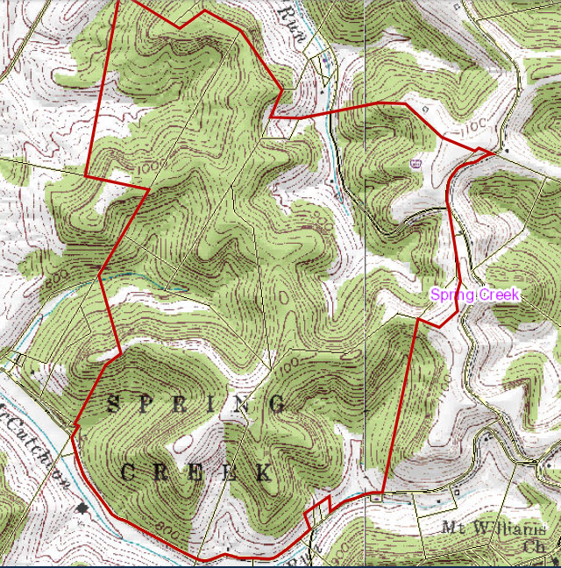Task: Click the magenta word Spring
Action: (x=452, y=295)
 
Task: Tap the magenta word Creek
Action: (x=499, y=295)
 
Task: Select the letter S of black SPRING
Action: (x=112, y=404)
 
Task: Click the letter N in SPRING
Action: (x=243, y=404)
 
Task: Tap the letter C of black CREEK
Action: (x=128, y=473)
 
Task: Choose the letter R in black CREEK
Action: (x=161, y=473)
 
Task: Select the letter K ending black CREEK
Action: (x=261, y=473)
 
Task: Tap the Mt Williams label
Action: (x=494, y=529)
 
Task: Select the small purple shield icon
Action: (x=415, y=163)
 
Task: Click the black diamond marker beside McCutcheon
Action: (x=83, y=508)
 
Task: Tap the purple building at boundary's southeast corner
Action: (x=376, y=499)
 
